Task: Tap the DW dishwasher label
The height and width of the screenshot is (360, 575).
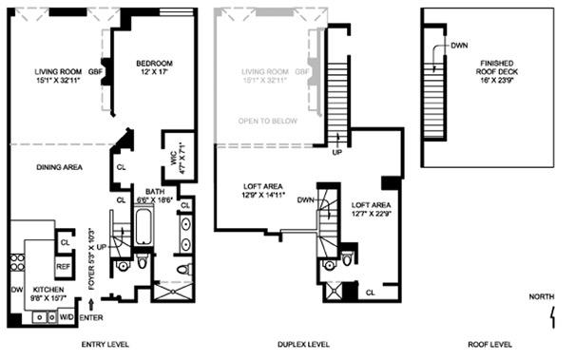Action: point(16,288)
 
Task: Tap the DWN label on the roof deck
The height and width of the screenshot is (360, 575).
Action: point(458,46)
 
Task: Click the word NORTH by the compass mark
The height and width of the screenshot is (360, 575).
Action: point(543,297)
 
